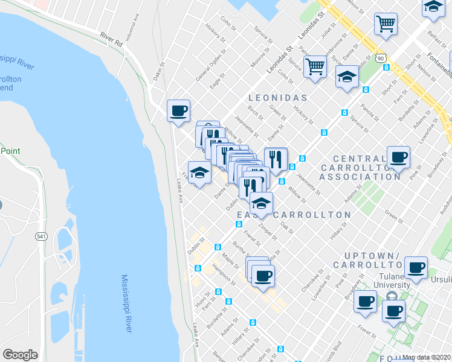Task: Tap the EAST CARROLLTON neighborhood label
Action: tap(294, 215)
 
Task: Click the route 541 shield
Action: tap(41, 235)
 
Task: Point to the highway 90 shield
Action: tap(379, 57)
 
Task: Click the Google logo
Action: tap(20, 355)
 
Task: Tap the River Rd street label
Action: tap(111, 40)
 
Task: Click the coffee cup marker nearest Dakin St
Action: tap(178, 110)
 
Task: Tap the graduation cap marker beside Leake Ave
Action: tap(199, 173)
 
